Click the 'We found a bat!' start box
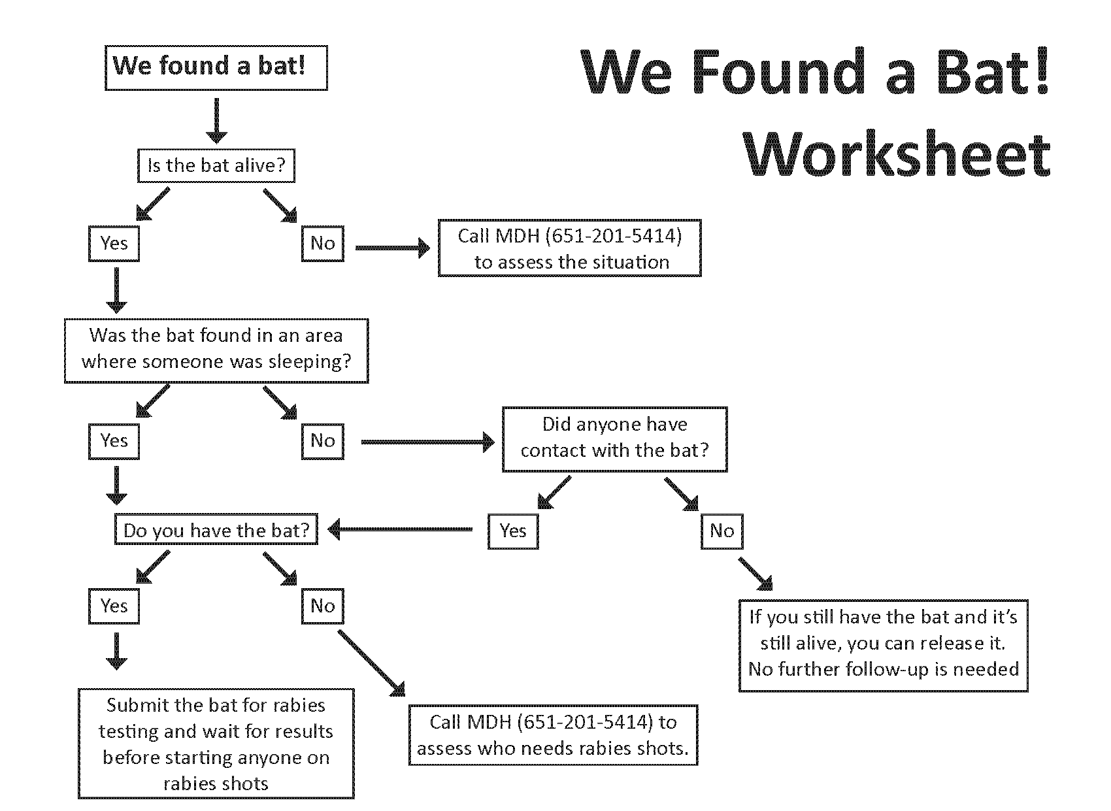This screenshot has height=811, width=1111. [x=216, y=67]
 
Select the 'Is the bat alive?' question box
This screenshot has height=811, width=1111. [x=216, y=165]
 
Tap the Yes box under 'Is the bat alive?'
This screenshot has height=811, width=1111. [x=114, y=244]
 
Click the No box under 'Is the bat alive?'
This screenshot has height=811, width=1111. [x=323, y=244]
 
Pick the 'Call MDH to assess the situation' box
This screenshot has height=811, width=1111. [x=569, y=248]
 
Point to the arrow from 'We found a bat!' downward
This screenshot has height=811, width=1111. [x=216, y=120]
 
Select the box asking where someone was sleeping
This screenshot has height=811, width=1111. [x=216, y=350]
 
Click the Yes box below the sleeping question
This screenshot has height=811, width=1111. [x=114, y=441]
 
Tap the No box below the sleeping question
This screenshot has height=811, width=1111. [x=323, y=441]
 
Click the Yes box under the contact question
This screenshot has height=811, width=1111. [x=513, y=531]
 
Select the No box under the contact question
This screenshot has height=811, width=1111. [x=721, y=531]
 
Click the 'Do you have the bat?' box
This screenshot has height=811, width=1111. [x=216, y=530]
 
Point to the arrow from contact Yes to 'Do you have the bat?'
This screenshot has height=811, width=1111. [x=400, y=530]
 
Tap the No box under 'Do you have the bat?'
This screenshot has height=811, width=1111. [x=323, y=606]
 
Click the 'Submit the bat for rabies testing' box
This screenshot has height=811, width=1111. [x=216, y=744]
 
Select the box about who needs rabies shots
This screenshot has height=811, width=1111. [x=553, y=735]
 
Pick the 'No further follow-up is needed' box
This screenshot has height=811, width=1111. [x=883, y=645]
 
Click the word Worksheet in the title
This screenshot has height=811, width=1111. [x=897, y=155]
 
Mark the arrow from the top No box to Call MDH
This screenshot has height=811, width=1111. [x=392, y=248]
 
